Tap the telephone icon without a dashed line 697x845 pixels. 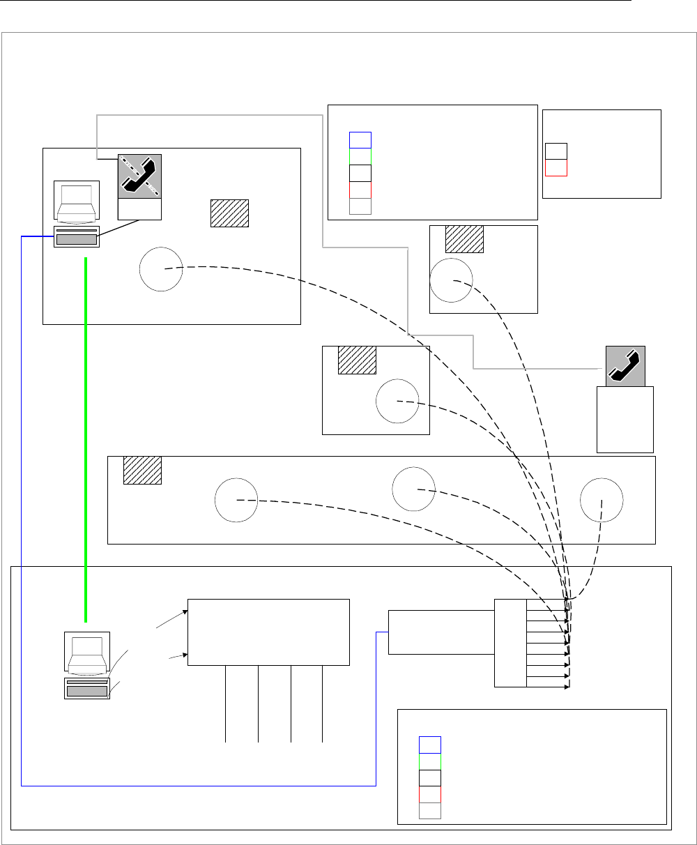(x=625, y=365)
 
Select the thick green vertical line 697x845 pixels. (x=86, y=439)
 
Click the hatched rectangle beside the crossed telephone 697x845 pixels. (x=230, y=213)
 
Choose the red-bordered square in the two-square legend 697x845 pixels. (x=556, y=168)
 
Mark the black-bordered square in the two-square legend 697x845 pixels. (x=556, y=151)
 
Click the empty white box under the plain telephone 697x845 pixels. (x=625, y=420)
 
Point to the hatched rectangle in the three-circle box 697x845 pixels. (x=142, y=470)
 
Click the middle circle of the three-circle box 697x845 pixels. (x=413, y=489)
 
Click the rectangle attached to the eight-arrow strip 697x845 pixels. (x=441, y=632)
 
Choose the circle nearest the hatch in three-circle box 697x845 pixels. (x=236, y=499)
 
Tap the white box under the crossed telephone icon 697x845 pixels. (x=139, y=209)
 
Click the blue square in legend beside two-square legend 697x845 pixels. (x=360, y=139)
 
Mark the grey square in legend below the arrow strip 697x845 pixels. (x=429, y=810)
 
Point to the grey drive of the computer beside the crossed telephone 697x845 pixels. (x=77, y=240)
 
